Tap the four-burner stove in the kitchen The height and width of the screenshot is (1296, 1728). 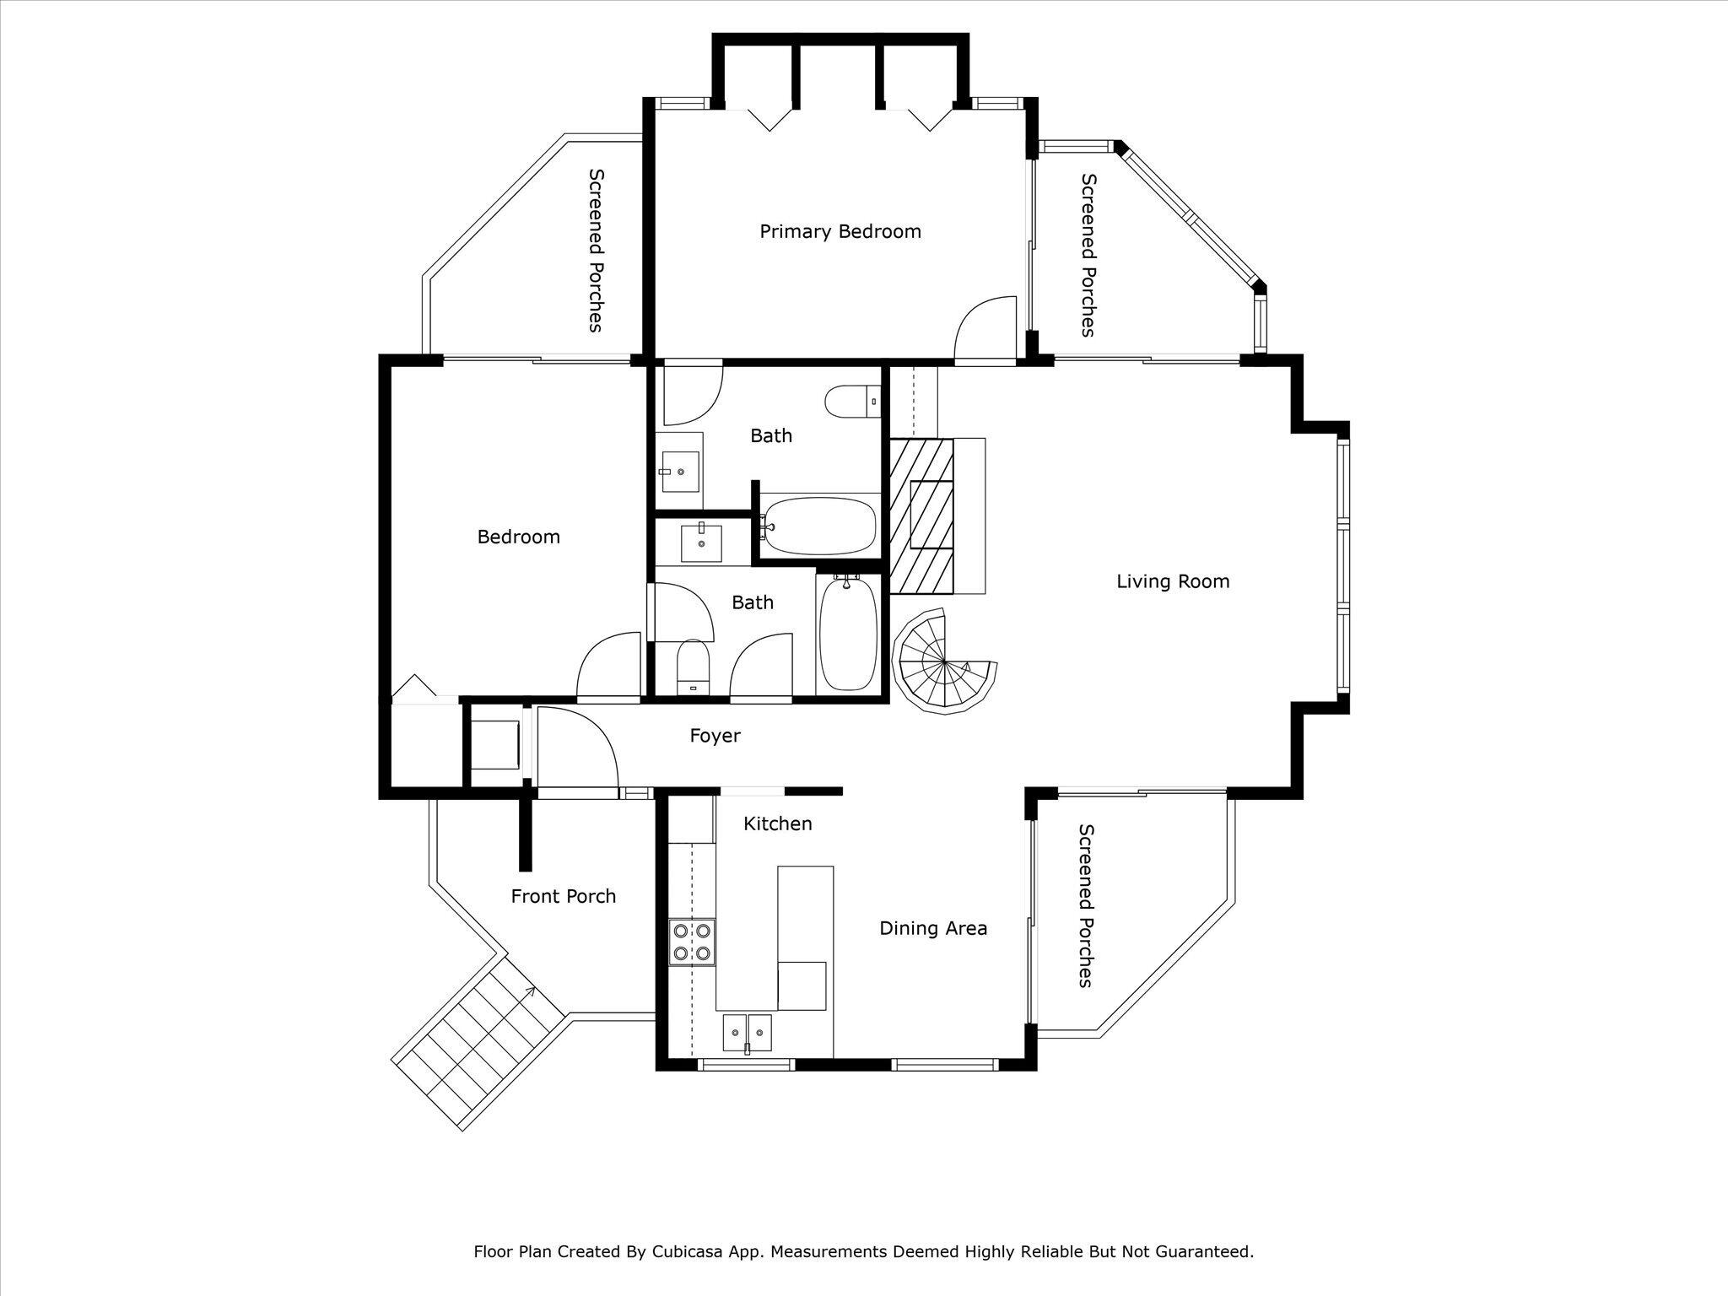(692, 942)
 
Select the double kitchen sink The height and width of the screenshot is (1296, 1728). (748, 1031)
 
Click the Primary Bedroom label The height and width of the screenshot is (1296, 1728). (840, 231)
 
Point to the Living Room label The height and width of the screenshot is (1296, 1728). (1172, 581)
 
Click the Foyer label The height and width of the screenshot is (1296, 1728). (715, 736)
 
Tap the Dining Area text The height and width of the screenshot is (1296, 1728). (932, 928)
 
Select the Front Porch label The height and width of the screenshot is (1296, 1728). (563, 896)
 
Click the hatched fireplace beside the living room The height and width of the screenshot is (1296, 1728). (921, 516)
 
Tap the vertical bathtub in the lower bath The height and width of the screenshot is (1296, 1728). (848, 633)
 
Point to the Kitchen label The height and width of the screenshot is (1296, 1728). (777, 823)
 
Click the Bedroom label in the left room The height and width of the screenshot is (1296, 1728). (518, 537)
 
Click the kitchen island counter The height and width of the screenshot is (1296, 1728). (805, 937)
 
